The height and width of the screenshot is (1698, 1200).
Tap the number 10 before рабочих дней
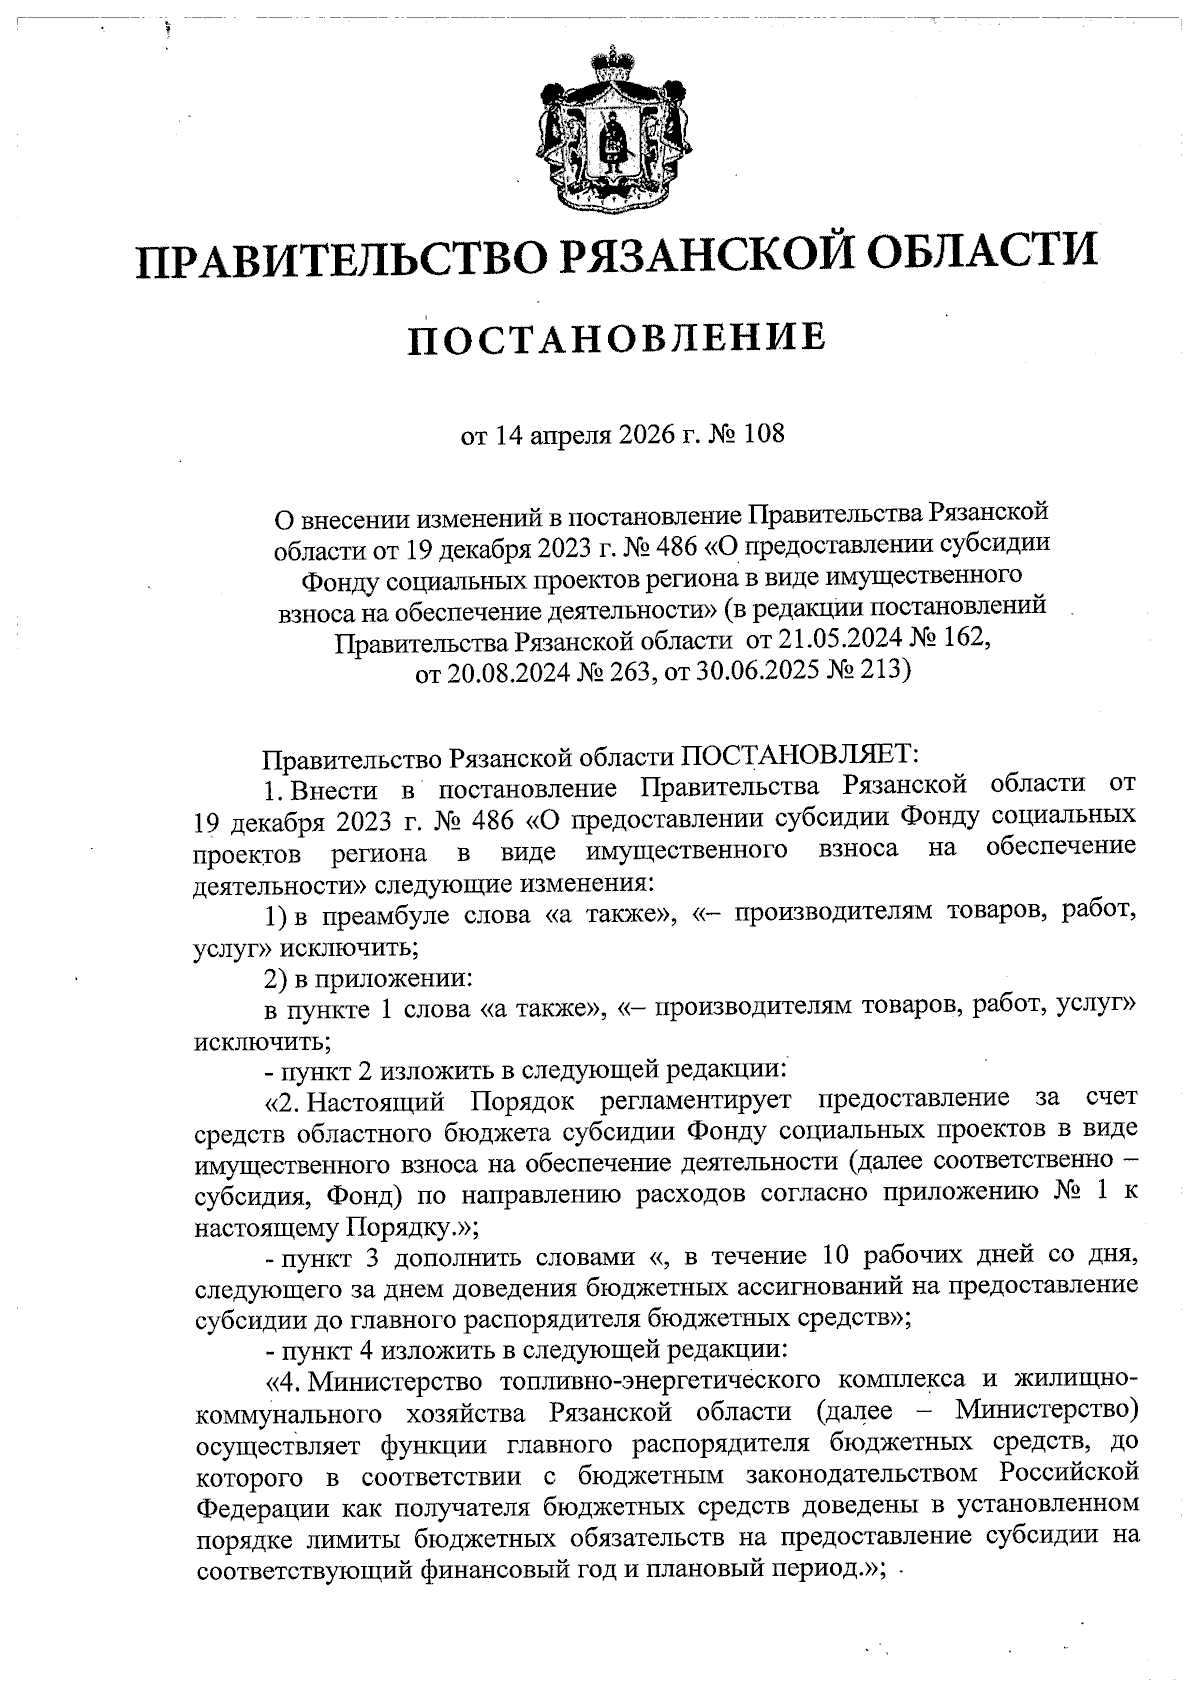click(837, 1257)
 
